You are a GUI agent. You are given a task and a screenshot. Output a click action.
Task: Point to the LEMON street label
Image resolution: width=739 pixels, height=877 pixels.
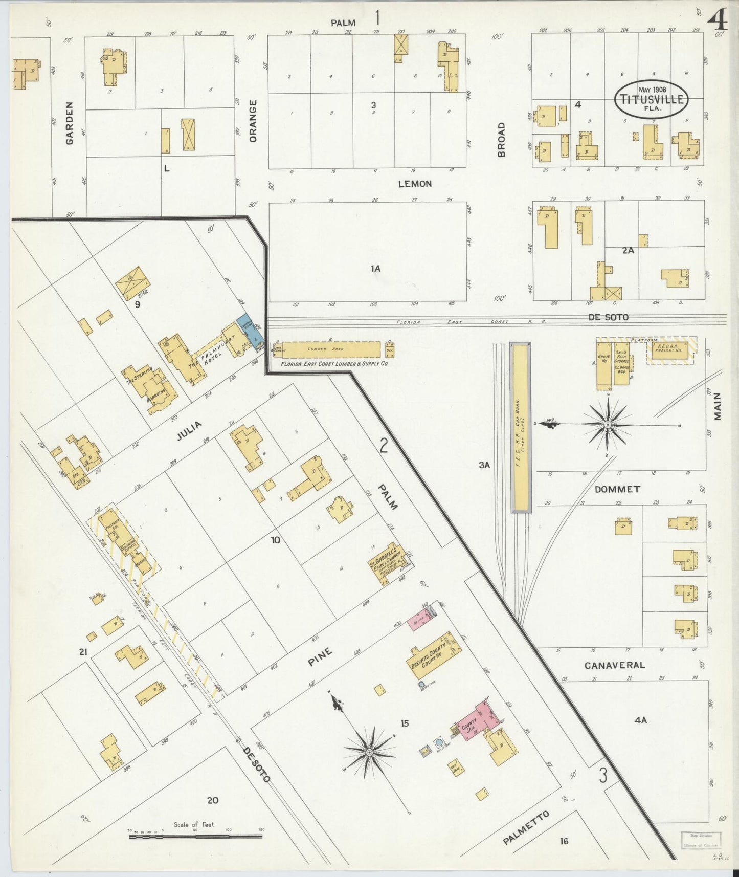pyautogui.click(x=415, y=184)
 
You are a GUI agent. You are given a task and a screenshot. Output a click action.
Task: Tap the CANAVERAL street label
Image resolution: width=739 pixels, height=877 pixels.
pyautogui.click(x=614, y=665)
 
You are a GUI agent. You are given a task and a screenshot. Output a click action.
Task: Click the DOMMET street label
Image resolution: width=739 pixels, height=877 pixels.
pyautogui.click(x=617, y=489)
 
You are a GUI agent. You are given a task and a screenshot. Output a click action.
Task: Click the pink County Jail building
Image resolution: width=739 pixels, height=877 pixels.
pyautogui.click(x=478, y=723)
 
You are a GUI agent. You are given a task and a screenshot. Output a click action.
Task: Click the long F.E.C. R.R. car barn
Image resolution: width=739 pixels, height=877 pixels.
pyautogui.click(x=521, y=427)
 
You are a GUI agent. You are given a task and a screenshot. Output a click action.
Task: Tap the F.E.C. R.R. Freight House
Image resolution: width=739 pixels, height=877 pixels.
pyautogui.click(x=670, y=352)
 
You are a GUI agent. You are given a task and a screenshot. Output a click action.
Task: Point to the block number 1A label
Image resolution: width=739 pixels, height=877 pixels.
pyautogui.click(x=376, y=268)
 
